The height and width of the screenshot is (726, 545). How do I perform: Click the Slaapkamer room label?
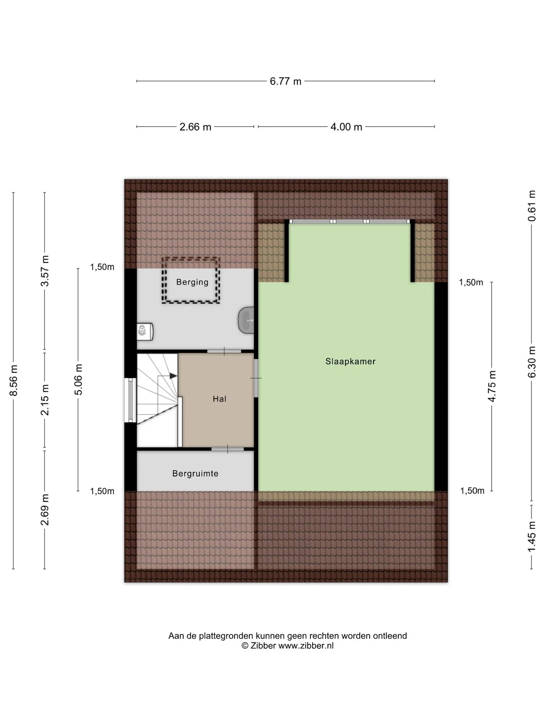[x=350, y=361]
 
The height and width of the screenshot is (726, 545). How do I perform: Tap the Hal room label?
[x=220, y=399]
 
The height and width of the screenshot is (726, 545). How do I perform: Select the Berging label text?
[x=192, y=282]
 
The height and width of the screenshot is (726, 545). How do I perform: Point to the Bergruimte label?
[x=195, y=474]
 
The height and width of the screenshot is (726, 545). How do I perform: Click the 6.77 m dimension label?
[x=285, y=81]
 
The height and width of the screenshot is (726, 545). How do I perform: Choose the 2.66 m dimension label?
[x=195, y=127]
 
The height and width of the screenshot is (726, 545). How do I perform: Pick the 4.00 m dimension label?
[x=346, y=127]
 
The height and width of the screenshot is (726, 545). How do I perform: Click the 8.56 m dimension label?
[x=14, y=380]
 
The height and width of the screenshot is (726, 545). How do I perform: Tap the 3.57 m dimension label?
[x=45, y=271]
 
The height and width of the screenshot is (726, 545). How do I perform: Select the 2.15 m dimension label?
[x=45, y=400]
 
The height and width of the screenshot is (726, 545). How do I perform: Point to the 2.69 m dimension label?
[x=45, y=510]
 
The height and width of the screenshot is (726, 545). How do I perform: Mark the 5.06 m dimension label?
[x=78, y=379]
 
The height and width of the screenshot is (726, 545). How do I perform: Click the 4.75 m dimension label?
[x=492, y=386]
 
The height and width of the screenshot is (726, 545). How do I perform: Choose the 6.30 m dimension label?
[x=532, y=362]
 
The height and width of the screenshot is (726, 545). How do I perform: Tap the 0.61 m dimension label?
[x=532, y=206]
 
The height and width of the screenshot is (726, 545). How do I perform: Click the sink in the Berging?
[x=246, y=320]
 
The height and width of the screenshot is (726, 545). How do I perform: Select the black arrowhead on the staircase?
[x=173, y=376]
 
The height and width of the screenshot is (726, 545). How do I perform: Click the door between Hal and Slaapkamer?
[x=256, y=378]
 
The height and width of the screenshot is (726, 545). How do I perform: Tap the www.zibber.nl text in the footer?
[x=306, y=645]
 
